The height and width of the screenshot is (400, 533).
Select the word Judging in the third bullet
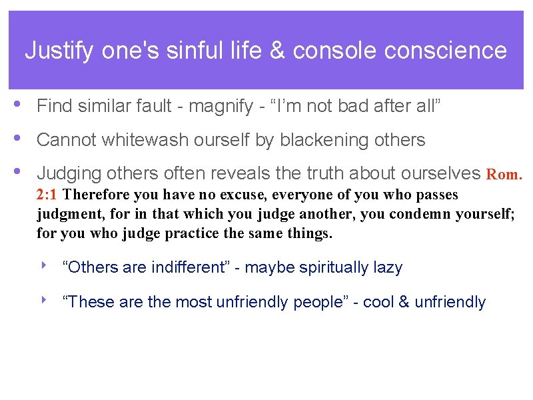tap(65, 174)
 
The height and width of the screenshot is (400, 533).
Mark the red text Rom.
tap(504, 175)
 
